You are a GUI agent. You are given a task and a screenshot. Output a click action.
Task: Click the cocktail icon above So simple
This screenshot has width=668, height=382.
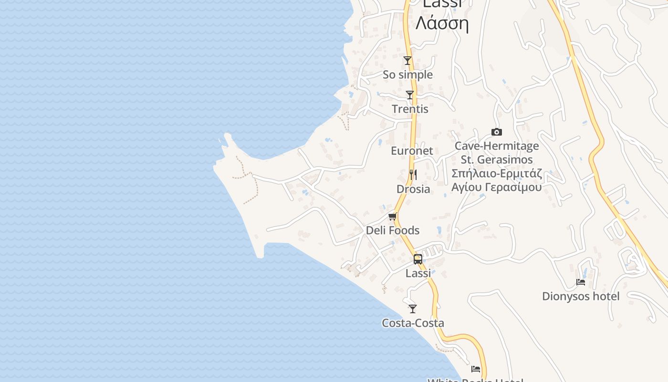click(407, 61)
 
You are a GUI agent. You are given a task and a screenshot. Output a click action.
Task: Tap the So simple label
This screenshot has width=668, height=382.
click(407, 75)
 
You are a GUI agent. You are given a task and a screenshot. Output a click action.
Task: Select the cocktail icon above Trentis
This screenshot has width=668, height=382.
click(410, 95)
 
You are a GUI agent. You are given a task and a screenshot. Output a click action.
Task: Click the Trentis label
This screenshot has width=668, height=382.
click(410, 109)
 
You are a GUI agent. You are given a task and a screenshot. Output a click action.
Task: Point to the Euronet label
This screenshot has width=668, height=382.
click(412, 151)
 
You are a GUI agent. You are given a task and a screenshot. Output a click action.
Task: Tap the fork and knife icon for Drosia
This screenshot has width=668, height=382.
click(413, 175)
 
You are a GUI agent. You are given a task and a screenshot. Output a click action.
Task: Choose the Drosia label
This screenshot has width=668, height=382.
click(413, 189)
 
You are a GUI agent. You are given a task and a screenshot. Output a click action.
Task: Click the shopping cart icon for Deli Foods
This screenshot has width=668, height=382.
click(393, 217)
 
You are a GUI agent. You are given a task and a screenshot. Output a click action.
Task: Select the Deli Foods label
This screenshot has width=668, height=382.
click(393, 231)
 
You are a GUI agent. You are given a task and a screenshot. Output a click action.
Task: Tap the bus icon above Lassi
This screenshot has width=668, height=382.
click(418, 259)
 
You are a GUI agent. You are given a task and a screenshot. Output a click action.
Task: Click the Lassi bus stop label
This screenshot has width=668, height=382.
click(418, 273)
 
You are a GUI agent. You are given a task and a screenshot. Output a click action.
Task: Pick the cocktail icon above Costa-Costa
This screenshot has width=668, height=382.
click(413, 309)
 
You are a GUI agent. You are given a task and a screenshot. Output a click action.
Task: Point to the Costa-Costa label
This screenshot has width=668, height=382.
click(413, 323)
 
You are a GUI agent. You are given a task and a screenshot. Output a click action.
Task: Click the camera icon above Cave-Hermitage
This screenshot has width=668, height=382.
click(496, 132)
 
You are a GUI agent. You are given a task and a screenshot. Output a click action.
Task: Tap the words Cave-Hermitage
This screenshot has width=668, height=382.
click(497, 146)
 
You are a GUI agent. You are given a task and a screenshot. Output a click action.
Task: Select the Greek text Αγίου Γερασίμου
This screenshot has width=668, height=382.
click(497, 187)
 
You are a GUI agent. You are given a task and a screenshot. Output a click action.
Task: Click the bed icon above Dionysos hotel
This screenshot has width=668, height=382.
click(581, 282)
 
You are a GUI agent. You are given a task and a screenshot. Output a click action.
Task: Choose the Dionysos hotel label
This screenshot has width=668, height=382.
click(581, 297)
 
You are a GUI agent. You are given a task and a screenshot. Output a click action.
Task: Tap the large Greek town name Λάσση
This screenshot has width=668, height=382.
click(442, 23)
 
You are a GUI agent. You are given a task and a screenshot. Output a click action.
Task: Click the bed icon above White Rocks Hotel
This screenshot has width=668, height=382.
click(476, 369)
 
